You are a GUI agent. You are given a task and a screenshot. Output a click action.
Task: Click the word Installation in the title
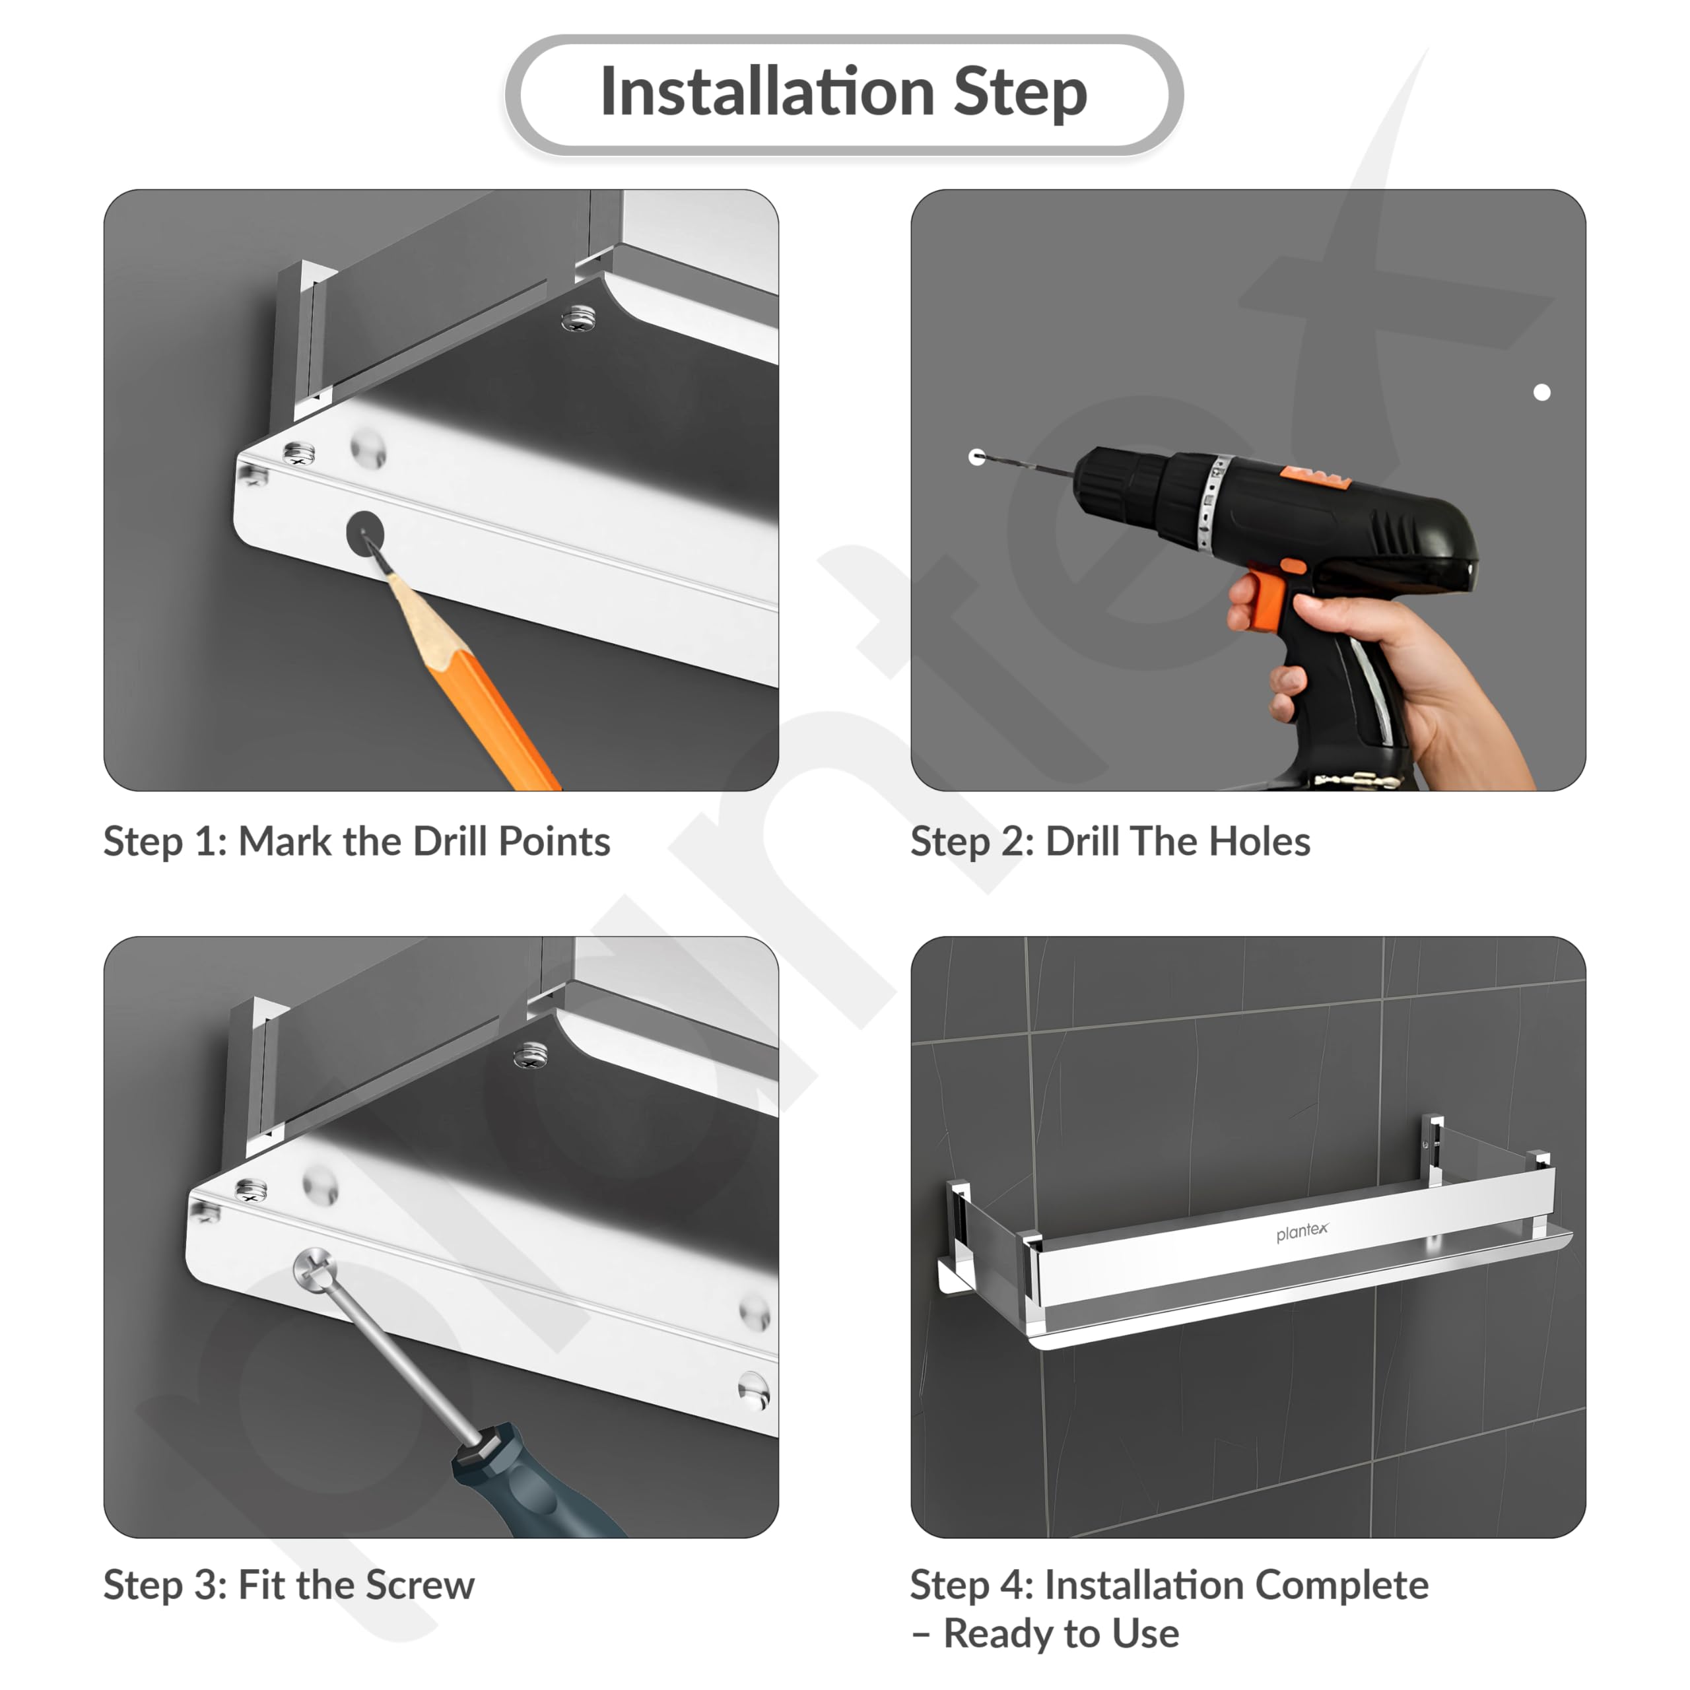767,92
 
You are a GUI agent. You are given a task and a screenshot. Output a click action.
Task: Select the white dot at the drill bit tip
977,457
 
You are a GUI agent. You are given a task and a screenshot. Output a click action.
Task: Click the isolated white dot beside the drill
1541,393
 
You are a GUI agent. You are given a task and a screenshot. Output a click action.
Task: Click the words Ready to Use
1060,1634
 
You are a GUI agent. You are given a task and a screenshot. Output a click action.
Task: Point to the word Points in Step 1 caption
554,842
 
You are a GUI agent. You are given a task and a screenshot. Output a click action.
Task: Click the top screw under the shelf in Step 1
578,318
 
